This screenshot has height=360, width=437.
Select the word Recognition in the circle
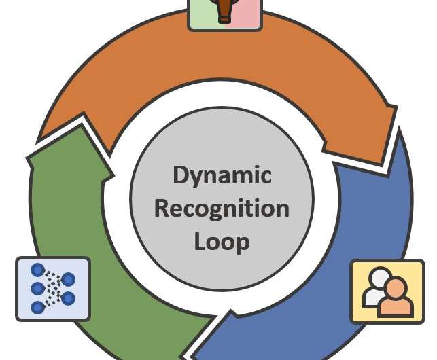[x=222, y=208]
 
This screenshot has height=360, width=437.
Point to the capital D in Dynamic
[x=180, y=175]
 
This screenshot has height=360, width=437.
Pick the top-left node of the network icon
[x=38, y=270]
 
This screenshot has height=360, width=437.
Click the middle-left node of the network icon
[x=38, y=289]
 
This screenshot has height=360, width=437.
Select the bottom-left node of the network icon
[x=38, y=308]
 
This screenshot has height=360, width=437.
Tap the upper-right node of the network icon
[x=68, y=279]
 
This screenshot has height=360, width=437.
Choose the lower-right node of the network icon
[x=68, y=298]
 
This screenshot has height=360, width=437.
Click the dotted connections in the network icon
[x=53, y=289]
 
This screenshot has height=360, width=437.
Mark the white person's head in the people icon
[x=378, y=277]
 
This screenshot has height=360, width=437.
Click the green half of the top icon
[x=201, y=14]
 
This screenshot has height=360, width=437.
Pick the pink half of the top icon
[x=249, y=14]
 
